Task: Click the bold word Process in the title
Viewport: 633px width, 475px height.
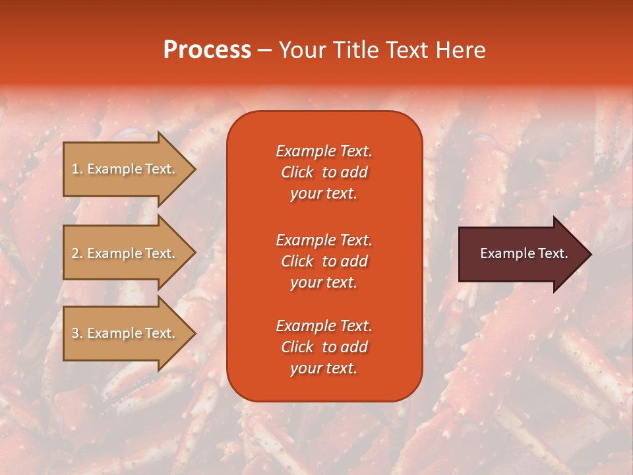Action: coord(207,50)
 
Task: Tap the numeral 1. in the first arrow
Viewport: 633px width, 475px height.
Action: coord(77,169)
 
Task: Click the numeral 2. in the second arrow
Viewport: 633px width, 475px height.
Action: coord(77,253)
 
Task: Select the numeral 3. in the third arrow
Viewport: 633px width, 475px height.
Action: coord(77,333)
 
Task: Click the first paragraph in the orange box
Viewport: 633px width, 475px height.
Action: coord(324,172)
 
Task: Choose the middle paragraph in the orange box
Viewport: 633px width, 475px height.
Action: coord(324,261)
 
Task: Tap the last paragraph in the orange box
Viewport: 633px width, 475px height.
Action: coord(324,347)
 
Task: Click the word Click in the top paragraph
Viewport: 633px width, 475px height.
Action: coord(297,172)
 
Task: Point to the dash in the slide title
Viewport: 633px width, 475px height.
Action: coord(264,51)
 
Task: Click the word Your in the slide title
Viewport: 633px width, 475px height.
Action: coord(301,50)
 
